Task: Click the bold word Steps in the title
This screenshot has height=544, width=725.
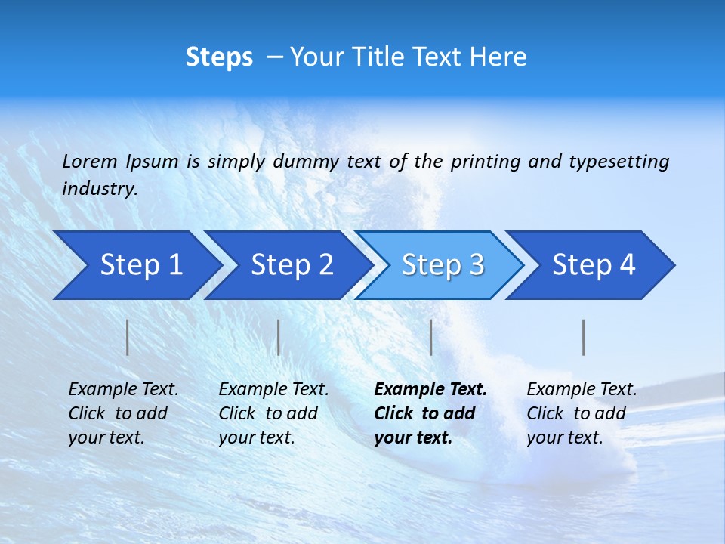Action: tap(219, 57)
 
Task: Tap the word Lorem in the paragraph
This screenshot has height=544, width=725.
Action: tap(90, 161)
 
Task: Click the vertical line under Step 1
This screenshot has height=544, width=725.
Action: tap(128, 337)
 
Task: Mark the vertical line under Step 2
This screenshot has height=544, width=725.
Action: tap(279, 337)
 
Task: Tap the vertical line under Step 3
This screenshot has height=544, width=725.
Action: tap(430, 337)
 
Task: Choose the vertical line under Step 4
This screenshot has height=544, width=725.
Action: tap(584, 337)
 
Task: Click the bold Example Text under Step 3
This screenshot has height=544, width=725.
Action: tap(430, 390)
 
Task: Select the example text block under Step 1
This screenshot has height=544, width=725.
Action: tap(123, 413)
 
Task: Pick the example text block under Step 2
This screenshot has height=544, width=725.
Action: tap(273, 413)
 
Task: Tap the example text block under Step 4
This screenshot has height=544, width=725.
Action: tap(582, 413)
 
